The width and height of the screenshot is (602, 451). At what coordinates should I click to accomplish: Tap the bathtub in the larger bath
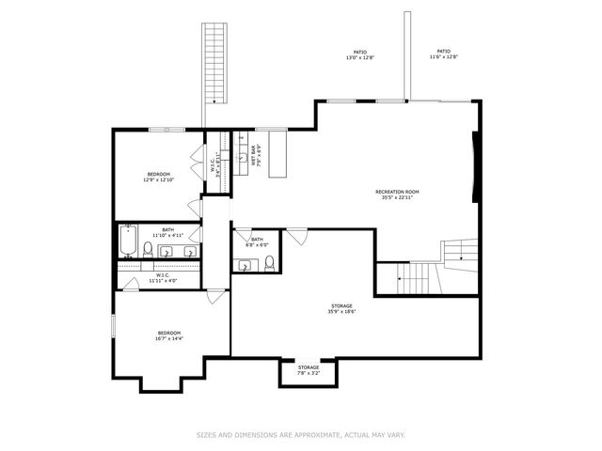pos(128,243)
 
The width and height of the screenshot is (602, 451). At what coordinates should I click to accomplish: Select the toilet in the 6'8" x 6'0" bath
pos(269,261)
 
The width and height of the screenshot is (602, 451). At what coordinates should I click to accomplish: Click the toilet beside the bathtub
pos(148,249)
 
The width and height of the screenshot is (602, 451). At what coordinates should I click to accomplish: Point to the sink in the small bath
pos(245,265)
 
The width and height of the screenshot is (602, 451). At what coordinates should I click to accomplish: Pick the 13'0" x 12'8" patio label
pos(360,54)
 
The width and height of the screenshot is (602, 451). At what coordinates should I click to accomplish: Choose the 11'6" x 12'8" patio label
pos(443,54)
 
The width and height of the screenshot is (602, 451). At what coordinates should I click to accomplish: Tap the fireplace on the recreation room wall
pos(475,167)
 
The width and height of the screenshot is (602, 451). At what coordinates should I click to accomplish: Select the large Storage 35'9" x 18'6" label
pos(341,308)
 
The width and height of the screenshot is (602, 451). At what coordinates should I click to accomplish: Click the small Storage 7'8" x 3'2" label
pos(309,369)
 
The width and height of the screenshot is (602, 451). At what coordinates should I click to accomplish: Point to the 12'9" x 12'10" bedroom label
pos(158,177)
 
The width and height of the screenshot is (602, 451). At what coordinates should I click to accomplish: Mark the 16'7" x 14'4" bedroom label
pos(169,336)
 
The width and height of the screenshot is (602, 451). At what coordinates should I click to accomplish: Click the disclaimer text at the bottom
pos(300,435)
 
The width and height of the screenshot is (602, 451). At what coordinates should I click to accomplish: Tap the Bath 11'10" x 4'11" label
pos(167,232)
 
